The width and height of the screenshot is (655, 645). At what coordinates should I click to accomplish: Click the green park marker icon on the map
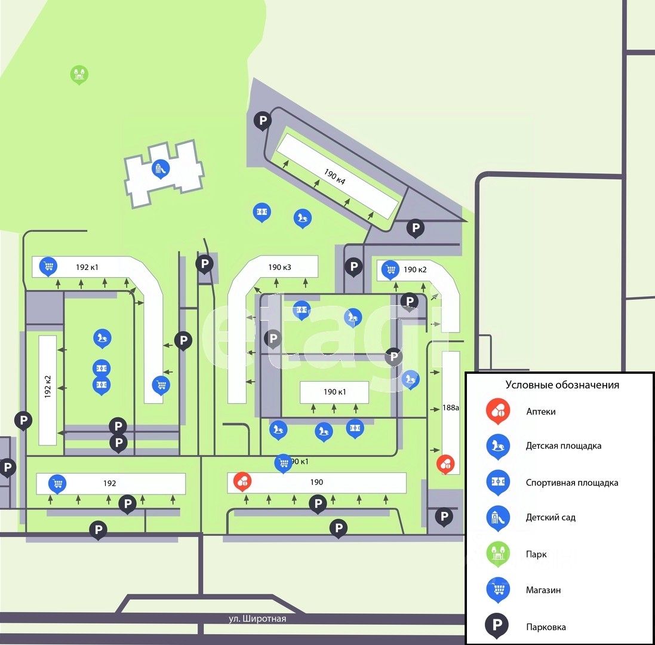(x=79, y=74)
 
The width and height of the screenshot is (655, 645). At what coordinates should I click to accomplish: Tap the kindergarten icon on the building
(x=159, y=168)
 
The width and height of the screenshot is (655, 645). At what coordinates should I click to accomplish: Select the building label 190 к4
(x=335, y=177)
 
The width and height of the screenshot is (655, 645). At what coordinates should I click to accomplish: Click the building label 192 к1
(x=87, y=267)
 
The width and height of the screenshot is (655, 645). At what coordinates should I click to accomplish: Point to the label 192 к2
(x=48, y=388)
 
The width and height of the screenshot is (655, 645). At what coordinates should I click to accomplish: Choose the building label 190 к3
(x=279, y=267)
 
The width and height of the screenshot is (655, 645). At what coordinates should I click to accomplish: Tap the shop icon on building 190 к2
(x=391, y=269)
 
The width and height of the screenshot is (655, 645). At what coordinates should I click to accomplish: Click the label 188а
(x=451, y=408)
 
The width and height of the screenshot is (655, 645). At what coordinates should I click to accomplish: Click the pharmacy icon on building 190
(x=242, y=480)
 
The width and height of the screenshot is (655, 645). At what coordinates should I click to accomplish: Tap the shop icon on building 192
(x=57, y=483)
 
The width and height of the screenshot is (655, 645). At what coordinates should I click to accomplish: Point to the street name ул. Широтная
(x=258, y=619)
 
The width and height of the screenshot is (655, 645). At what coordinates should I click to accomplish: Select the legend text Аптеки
(x=541, y=411)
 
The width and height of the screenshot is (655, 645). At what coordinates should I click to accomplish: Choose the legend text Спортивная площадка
(x=572, y=483)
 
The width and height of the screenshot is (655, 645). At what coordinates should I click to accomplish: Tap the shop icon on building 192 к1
(x=47, y=266)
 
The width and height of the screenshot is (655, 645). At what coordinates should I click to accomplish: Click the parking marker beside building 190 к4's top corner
(x=263, y=121)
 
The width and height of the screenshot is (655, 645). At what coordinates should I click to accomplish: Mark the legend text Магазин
(x=543, y=590)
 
